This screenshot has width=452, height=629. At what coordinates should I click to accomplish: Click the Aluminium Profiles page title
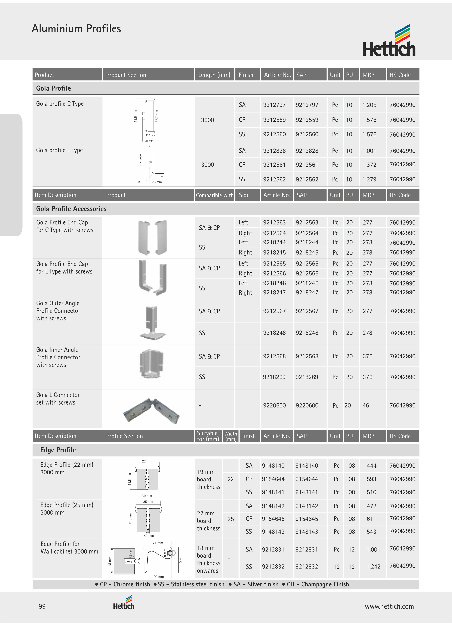coord(76,29)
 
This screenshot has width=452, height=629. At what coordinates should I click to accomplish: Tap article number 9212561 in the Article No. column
coord(274,165)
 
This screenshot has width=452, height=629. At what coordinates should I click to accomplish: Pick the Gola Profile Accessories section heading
coord(71,209)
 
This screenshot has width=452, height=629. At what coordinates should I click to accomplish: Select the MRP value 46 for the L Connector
coord(366,405)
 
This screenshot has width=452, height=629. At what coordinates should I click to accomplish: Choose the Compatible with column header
coord(215,195)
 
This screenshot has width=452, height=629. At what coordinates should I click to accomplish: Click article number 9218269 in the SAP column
coord(307,377)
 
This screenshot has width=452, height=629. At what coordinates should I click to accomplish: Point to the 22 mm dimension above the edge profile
coord(147,461)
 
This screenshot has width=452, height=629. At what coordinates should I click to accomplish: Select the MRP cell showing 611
coord(371,519)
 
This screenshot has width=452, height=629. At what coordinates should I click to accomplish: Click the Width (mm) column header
coord(230,436)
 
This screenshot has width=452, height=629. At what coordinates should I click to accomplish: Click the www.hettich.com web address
coord(389,607)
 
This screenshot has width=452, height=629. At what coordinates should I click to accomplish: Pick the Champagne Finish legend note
coord(318,584)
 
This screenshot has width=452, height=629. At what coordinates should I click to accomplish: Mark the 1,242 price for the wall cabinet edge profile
coord(373,567)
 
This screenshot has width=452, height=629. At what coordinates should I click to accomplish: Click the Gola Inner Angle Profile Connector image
coord(151,364)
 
